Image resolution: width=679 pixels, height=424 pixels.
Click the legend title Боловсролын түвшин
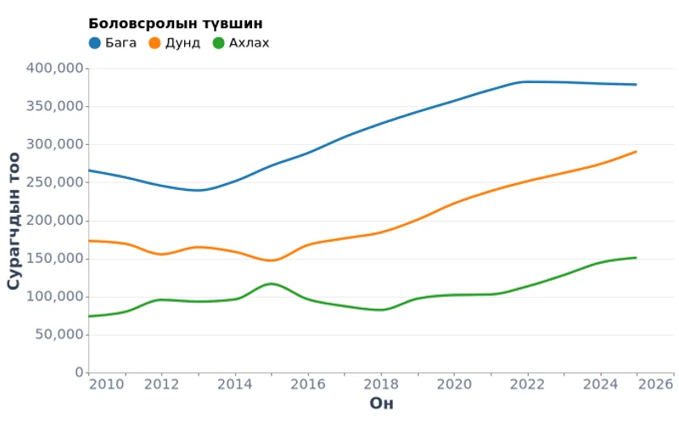pyautogui.click(x=175, y=23)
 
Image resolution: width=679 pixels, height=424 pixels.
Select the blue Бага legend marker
pyautogui.click(x=95, y=42)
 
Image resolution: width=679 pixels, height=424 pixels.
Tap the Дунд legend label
pyautogui.click(x=182, y=42)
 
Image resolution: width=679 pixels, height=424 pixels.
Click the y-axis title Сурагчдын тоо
pyautogui.click(x=14, y=220)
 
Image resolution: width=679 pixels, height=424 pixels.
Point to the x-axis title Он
pyautogui.click(x=381, y=404)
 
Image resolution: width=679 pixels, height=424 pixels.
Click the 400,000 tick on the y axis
pyautogui.click(x=55, y=68)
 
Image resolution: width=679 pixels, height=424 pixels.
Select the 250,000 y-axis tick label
pyautogui.click(x=55, y=182)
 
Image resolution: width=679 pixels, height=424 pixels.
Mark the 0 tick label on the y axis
pyautogui.click(x=79, y=372)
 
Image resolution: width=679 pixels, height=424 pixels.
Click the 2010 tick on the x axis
pyautogui.click(x=105, y=384)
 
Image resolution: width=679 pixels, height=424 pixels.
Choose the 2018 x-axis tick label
pyautogui.click(x=380, y=384)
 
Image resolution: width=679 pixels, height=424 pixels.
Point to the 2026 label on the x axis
pyautogui.click(x=656, y=384)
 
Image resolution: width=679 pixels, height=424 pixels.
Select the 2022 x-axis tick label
pyautogui.click(x=527, y=384)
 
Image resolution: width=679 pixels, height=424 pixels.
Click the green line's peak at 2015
pyautogui.click(x=271, y=283)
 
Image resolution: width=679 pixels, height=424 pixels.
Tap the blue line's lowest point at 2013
pyautogui.click(x=199, y=190)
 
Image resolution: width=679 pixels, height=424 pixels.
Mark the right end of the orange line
pyautogui.click(x=636, y=152)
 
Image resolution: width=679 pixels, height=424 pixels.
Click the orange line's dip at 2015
pyautogui.click(x=272, y=260)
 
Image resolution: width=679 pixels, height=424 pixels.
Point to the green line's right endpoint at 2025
pyautogui.click(x=636, y=257)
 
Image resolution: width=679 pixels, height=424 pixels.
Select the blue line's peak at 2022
pyautogui.click(x=527, y=81)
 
